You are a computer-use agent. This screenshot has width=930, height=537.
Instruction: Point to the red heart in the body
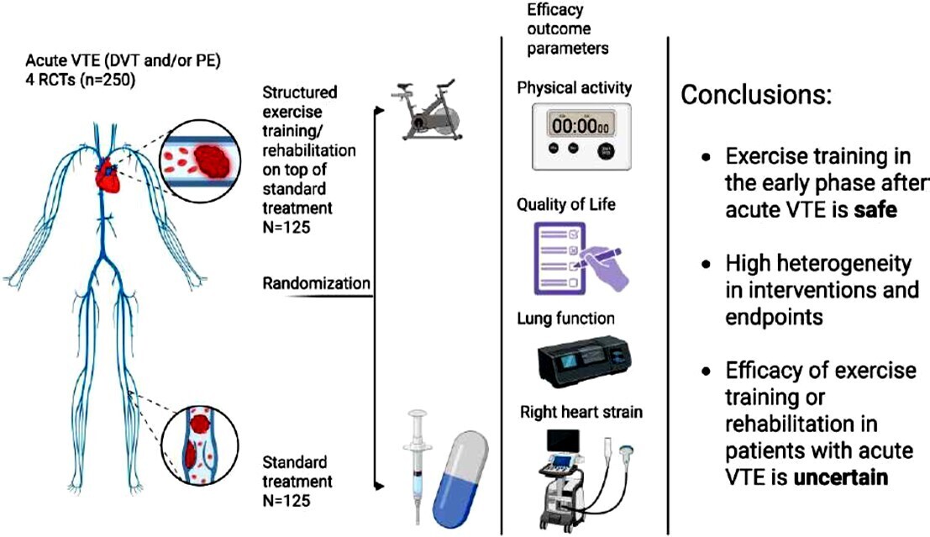[x=110, y=175]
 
